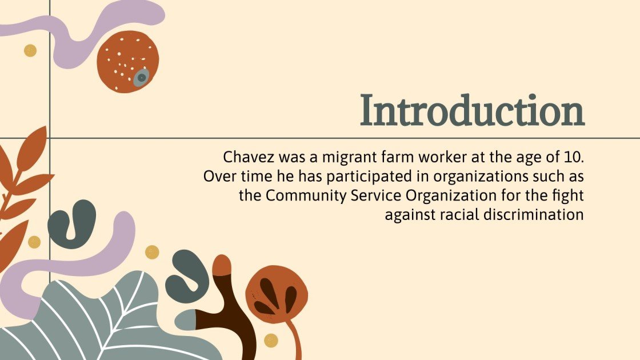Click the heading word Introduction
pyautogui.click(x=472, y=111)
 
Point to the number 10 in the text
pyautogui.click(x=573, y=157)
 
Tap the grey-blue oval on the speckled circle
pyautogui.click(x=141, y=78)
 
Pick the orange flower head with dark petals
pyautogui.click(x=277, y=294)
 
